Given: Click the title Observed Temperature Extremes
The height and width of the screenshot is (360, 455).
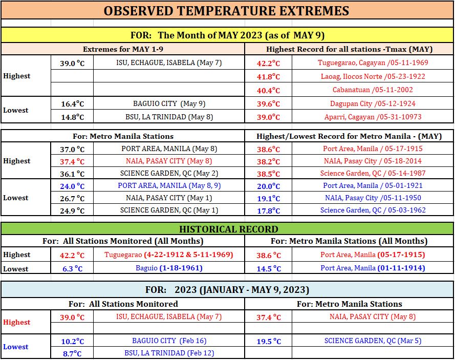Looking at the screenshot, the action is point(226,11).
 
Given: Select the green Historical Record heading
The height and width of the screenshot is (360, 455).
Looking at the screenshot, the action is point(229,229).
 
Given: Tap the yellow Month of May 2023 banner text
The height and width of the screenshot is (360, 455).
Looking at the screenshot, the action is point(227,35).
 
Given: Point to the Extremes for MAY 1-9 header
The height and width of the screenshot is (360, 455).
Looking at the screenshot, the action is point(123,49).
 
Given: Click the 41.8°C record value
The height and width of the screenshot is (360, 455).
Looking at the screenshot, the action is point(268,77).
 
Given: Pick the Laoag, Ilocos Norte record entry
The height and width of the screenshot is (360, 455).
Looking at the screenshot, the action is point(373,76).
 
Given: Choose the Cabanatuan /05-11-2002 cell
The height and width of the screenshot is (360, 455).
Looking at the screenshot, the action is point(373,90).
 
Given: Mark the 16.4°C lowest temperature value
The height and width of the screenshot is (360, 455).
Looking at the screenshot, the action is point(73,103).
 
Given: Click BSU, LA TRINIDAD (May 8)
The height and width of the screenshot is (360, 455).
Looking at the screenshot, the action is point(169,117).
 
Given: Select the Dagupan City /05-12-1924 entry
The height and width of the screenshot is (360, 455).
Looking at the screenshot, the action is point(373,103).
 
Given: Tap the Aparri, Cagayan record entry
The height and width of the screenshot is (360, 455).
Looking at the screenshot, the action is point(373,117).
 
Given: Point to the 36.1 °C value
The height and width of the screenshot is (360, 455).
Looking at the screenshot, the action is point(72,174).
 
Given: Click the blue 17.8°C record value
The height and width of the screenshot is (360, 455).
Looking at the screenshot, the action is point(268,210).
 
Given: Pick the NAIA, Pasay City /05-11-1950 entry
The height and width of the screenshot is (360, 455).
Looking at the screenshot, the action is point(373,198).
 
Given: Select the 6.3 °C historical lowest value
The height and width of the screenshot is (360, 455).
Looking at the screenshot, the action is point(73,268).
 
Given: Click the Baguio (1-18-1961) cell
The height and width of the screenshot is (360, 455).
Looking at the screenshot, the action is point(169,268).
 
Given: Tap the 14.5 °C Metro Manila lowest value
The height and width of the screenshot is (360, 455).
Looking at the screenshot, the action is point(269,268).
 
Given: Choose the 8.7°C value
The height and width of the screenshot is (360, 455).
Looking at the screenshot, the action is point(72,353).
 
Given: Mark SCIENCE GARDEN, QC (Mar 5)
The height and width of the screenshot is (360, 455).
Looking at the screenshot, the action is point(373,341).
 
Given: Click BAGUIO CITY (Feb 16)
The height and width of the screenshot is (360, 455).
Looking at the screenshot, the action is point(169,341).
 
